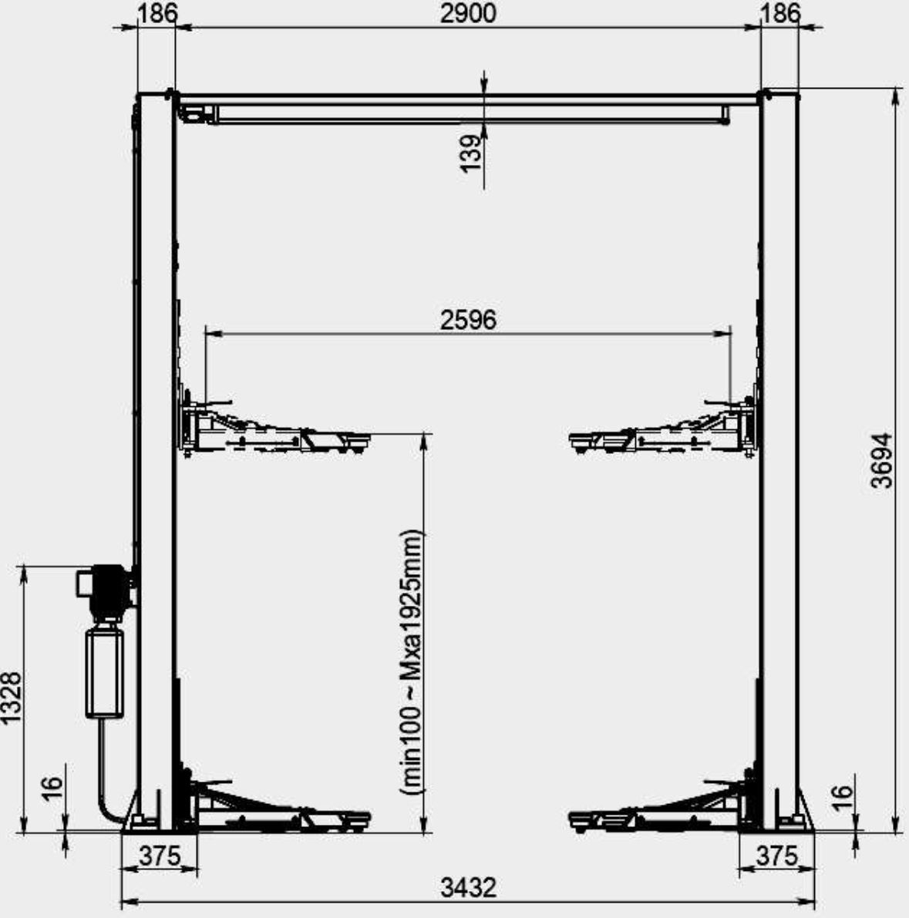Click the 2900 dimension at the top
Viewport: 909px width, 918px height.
pyautogui.click(x=467, y=13)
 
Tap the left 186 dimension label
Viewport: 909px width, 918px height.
pyautogui.click(x=157, y=13)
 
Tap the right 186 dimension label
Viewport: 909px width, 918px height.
pyautogui.click(x=780, y=13)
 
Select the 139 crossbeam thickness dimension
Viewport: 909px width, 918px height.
pyautogui.click(x=472, y=153)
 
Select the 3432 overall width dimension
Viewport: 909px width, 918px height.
pyautogui.click(x=468, y=889)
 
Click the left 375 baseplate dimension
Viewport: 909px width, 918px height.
pyautogui.click(x=159, y=856)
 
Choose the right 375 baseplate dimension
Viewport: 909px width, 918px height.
pyautogui.click(x=776, y=856)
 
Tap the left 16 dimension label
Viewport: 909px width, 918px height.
pyautogui.click(x=51, y=789)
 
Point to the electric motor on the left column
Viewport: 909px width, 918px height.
pyautogui.click(x=107, y=590)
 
